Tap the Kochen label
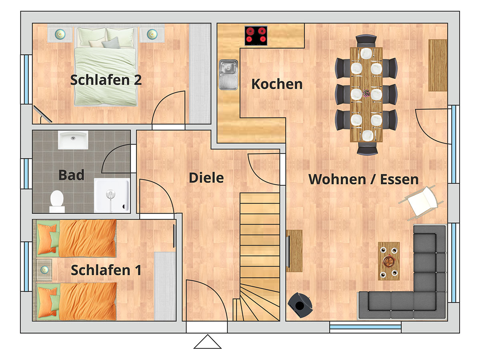(x=277, y=84)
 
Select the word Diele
(x=206, y=178)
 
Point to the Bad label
(x=71, y=175)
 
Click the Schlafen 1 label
(x=106, y=270)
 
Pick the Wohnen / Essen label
(x=364, y=179)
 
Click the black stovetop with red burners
(x=256, y=36)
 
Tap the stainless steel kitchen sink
(x=228, y=75)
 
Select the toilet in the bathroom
(x=57, y=201)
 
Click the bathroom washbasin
(x=73, y=140)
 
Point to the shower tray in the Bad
(x=112, y=195)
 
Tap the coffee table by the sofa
(x=388, y=261)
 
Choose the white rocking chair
(x=421, y=202)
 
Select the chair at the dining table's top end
(x=366, y=42)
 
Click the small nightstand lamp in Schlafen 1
(x=44, y=270)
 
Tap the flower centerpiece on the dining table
(x=366, y=93)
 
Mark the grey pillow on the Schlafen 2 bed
(x=111, y=43)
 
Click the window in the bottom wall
(x=365, y=327)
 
